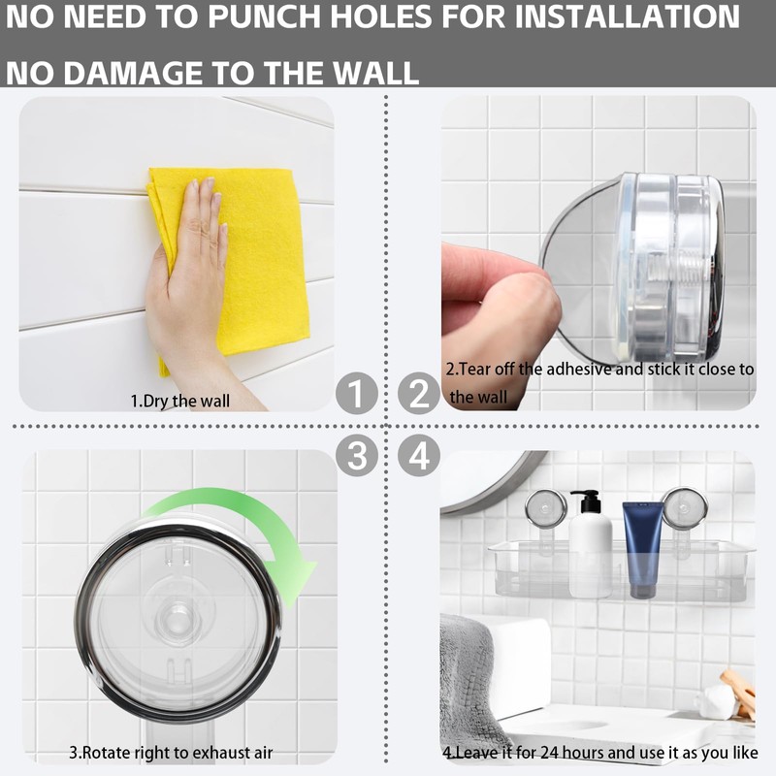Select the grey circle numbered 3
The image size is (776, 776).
coord(356,454)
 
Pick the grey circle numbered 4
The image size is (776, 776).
coord(419,454)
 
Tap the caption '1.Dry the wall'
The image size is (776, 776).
coord(180,400)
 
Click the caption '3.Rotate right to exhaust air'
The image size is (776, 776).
coord(171,753)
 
